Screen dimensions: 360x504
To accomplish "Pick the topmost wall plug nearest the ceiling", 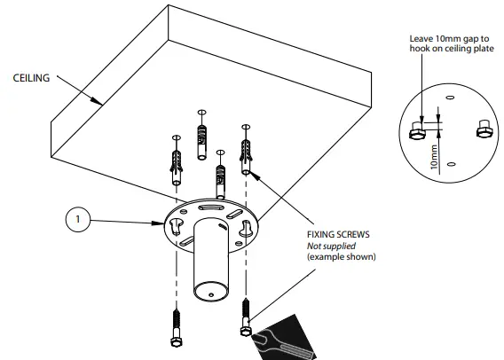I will (202, 137).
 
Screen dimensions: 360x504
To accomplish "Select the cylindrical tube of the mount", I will (211, 262).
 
